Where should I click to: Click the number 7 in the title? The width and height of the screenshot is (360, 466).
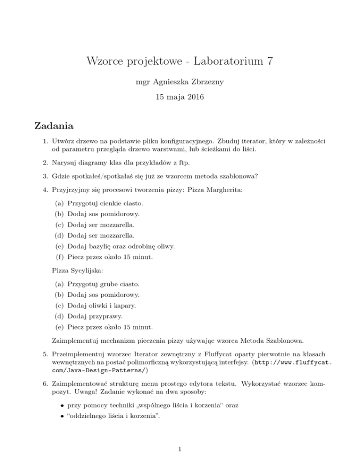point(269,61)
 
